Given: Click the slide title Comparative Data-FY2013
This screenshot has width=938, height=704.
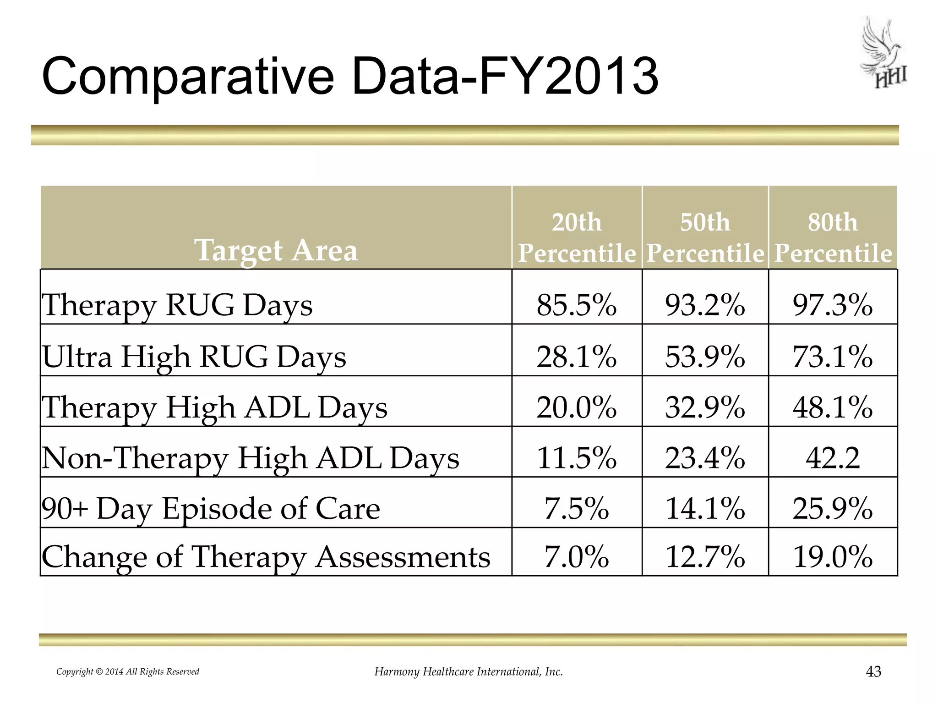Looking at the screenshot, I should click(350, 76).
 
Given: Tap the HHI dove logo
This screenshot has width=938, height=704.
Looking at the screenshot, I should click(883, 54).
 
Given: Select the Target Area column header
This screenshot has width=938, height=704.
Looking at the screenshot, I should click(276, 250).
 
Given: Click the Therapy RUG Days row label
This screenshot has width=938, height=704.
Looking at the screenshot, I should click(177, 305).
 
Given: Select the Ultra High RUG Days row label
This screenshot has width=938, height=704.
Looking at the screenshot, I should click(194, 357).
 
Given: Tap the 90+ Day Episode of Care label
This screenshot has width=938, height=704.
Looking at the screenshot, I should click(211, 509).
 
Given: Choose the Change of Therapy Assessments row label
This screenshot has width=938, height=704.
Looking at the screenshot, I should click(266, 557).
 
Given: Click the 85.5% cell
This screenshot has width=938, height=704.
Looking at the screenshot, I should click(577, 305).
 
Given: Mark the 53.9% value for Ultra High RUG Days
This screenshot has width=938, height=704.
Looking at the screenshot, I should click(705, 357).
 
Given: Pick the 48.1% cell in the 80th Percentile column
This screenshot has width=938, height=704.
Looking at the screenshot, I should click(833, 407).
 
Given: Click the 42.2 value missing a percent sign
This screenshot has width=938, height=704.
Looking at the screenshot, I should click(833, 458).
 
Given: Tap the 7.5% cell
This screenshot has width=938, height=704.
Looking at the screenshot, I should click(577, 508).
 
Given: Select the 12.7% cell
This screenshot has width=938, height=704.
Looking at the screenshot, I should click(705, 557).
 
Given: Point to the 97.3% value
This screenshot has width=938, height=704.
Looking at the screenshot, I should click(833, 305).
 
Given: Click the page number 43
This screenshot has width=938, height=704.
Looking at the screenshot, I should click(874, 671).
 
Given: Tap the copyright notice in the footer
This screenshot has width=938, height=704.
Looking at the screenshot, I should click(128, 672).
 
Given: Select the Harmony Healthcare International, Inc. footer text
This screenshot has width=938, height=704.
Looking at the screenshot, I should click(469, 672).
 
